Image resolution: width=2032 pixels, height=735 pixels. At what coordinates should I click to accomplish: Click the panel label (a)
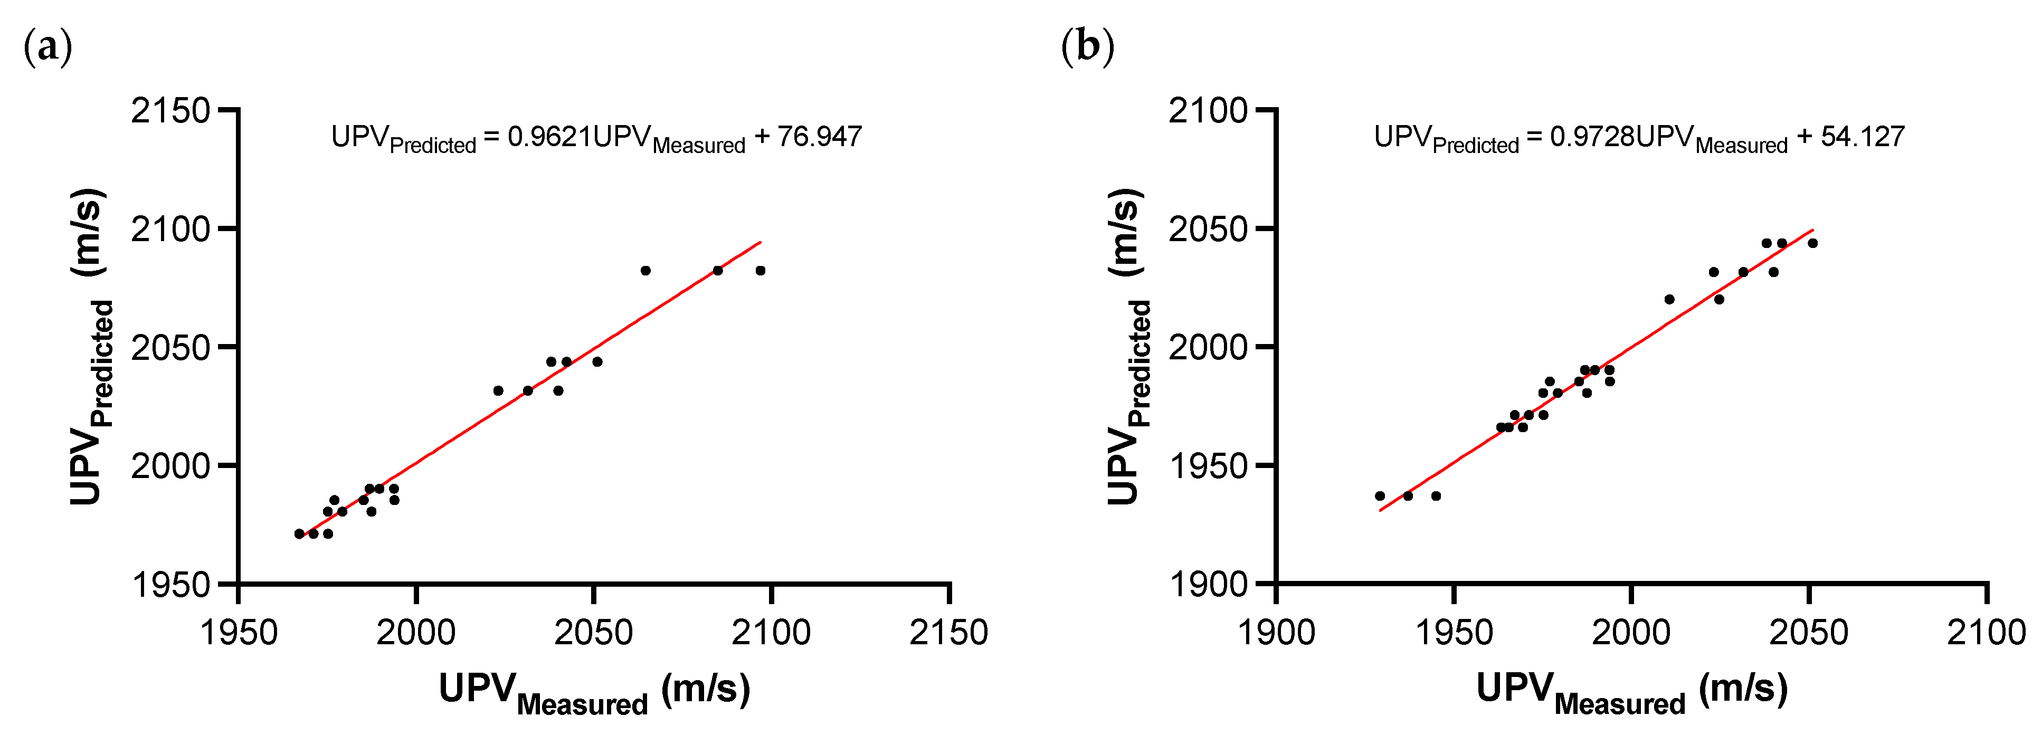pos(48,47)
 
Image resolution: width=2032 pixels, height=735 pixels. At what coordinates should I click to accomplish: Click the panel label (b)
pos(1088,47)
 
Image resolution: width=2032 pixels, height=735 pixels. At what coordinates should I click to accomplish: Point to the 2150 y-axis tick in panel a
pos(170,110)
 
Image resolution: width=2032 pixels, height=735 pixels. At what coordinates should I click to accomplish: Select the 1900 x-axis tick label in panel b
pos(1276,633)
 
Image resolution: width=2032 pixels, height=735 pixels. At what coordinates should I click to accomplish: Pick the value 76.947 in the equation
pos(820,137)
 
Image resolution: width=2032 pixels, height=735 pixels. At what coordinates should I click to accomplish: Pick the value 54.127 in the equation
pos(1863,137)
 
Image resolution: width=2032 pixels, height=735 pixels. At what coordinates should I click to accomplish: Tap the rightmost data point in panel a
pos(761,271)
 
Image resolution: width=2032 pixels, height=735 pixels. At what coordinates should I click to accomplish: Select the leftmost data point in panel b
pos(1380,496)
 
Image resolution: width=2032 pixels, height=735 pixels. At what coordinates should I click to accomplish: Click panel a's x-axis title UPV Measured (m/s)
pos(594,691)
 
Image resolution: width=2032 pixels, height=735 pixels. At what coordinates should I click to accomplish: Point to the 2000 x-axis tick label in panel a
pos(416,633)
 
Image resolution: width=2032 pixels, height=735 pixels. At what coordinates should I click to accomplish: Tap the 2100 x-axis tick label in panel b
pos(1986,633)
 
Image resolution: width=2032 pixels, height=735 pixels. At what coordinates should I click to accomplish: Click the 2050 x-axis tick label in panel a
pos(593,633)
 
